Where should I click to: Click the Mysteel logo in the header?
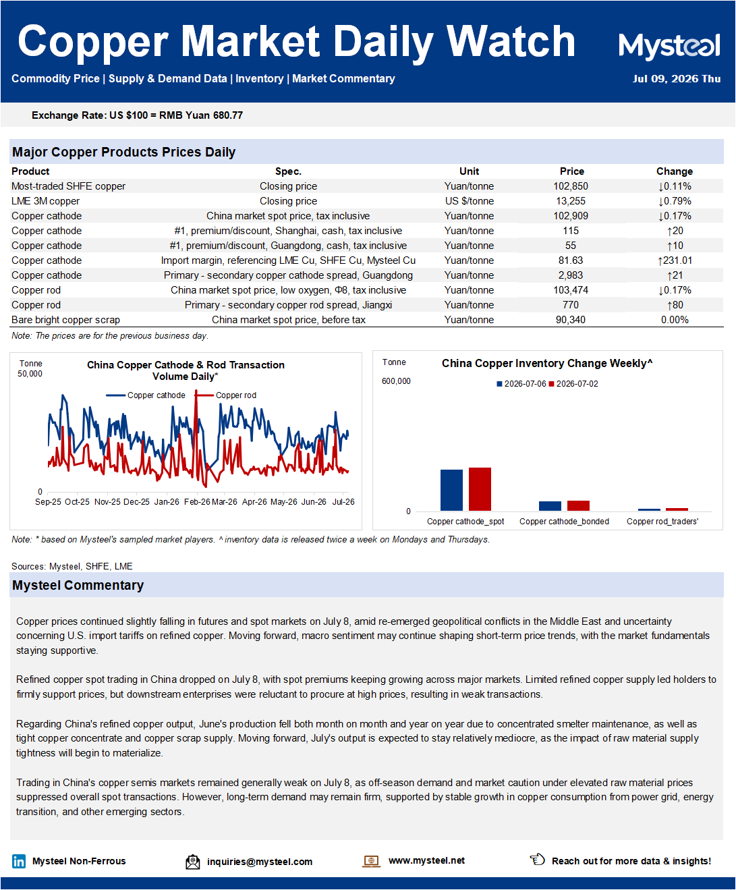point(669,47)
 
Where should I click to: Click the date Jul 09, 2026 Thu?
point(677,79)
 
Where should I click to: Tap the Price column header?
point(571,171)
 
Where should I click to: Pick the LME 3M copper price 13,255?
point(571,201)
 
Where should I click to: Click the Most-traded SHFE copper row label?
point(69,186)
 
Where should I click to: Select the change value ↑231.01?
point(674,260)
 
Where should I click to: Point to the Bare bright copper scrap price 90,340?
point(571,320)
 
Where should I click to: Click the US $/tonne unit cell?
point(470,201)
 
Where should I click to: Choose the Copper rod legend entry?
point(226,395)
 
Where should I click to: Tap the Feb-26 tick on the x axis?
point(197,502)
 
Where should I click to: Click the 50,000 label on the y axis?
point(30,374)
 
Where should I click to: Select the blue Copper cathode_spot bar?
point(451,490)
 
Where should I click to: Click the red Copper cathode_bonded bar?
point(578,505)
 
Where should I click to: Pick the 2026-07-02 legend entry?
point(573,384)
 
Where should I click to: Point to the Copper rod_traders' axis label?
point(662,522)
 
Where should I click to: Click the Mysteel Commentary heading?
point(78,585)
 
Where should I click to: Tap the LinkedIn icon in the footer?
point(19,861)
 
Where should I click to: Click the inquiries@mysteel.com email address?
point(260,862)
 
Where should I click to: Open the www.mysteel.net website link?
point(426,860)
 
